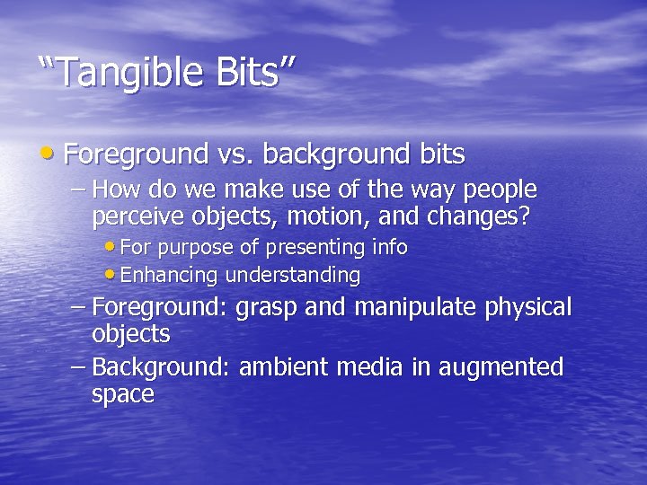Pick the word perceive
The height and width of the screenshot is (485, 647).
[134, 216]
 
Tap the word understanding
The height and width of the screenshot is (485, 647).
[293, 275]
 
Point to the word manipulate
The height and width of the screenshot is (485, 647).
[417, 308]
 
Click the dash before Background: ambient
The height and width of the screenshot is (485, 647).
[79, 367]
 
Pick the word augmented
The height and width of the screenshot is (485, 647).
[504, 367]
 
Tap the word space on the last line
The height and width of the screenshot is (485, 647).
[123, 394]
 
